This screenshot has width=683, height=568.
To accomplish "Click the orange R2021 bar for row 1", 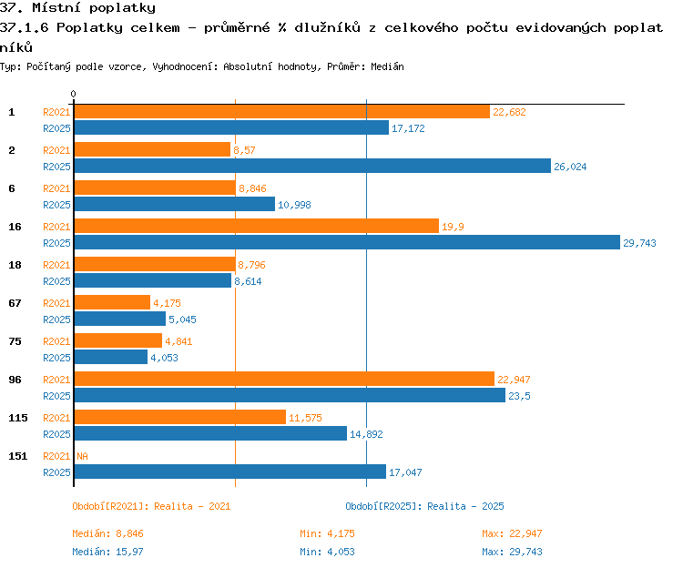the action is pyautogui.click(x=282, y=112).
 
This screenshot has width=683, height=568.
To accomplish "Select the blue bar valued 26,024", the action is pyautogui.click(x=312, y=166).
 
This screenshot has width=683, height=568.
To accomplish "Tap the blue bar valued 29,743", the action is pyautogui.click(x=347, y=242).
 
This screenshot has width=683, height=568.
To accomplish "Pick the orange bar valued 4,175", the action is pyautogui.click(x=112, y=302).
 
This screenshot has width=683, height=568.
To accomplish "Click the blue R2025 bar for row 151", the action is pyautogui.click(x=230, y=472).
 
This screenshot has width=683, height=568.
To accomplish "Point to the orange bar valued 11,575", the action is pyautogui.click(x=180, y=418).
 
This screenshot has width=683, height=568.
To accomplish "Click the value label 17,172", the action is pyautogui.click(x=408, y=128).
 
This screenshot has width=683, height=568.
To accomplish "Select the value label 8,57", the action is pyautogui.click(x=244, y=150).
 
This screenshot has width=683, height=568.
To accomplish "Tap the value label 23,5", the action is pyautogui.click(x=519, y=396).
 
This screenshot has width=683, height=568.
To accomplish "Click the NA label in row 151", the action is pyautogui.click(x=82, y=456).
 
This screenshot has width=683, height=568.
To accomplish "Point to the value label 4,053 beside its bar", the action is pyautogui.click(x=164, y=358).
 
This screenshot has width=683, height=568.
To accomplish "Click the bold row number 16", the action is pyautogui.click(x=15, y=227).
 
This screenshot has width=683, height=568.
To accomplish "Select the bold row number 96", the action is pyautogui.click(x=15, y=380).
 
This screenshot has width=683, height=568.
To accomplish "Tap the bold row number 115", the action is pyautogui.click(x=18, y=418).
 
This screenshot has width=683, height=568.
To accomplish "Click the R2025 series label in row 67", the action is pyautogui.click(x=56, y=319).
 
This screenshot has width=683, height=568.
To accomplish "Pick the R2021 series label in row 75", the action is pyautogui.click(x=56, y=341).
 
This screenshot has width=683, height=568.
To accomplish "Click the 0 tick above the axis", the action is pyautogui.click(x=73, y=94).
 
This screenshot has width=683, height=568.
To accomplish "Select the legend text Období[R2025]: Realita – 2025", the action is pyautogui.click(x=424, y=506).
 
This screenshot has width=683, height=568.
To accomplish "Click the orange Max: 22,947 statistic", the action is pyautogui.click(x=512, y=533).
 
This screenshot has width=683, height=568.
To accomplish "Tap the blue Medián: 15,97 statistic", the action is pyautogui.click(x=107, y=552).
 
